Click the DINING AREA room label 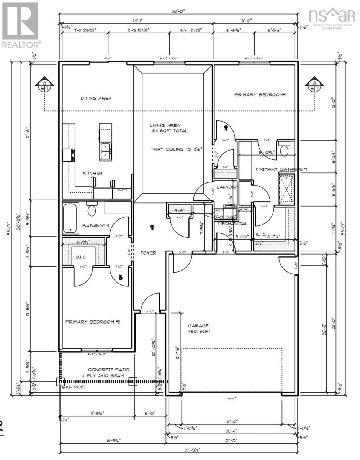tap(96, 98)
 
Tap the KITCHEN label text tap(93, 173)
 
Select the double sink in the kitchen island tap(105, 151)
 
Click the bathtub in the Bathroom tap(70, 219)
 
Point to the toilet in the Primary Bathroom tap(284, 149)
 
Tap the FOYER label tap(148, 253)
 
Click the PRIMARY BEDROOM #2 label tap(93, 322)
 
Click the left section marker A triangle tap(45, 85)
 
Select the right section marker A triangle tap(314, 85)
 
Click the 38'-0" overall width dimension tap(178, 11)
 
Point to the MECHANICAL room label tap(233, 223)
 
